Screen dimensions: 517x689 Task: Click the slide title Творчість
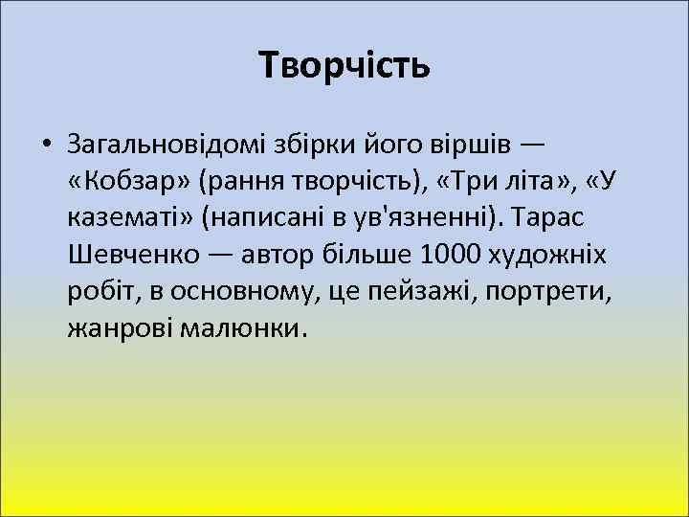coord(344,66)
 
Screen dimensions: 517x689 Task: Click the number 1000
coord(447,256)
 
